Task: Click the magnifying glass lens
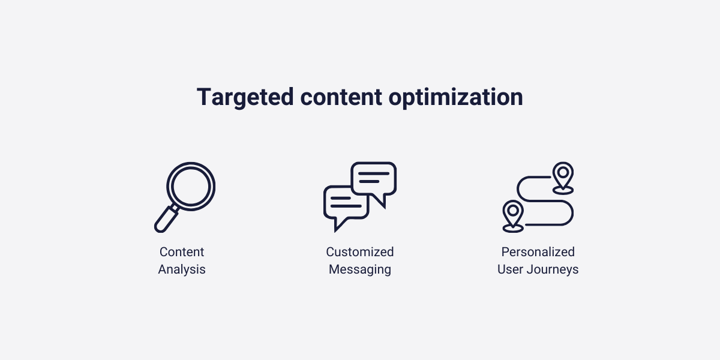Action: click(x=190, y=185)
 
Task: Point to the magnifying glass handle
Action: click(x=166, y=218)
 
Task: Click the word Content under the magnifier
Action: click(x=182, y=252)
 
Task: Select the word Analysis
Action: click(x=182, y=270)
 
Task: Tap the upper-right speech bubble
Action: click(x=373, y=178)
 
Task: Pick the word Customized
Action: click(x=360, y=252)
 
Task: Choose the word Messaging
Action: click(x=360, y=270)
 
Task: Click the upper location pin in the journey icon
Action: click(x=563, y=175)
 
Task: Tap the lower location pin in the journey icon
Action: click(x=513, y=212)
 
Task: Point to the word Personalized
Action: click(x=538, y=252)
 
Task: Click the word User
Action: click(x=511, y=270)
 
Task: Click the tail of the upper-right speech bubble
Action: click(x=380, y=202)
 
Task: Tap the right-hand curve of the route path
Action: click(x=571, y=213)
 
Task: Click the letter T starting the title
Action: click(x=205, y=97)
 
